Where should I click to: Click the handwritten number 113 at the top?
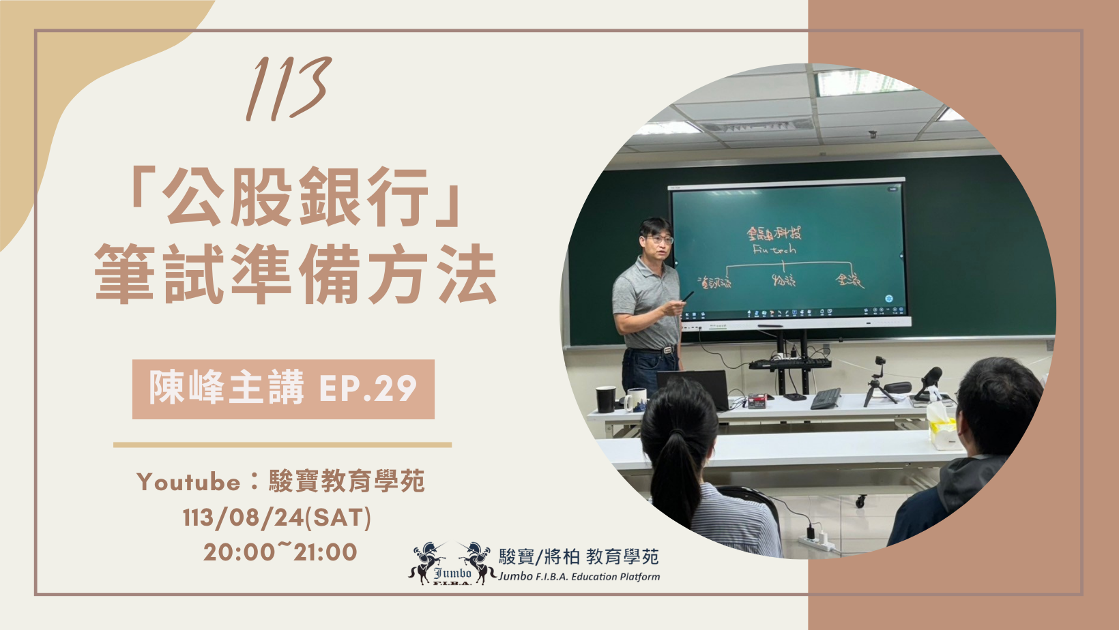point(289,89)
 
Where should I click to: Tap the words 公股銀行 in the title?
point(295,197)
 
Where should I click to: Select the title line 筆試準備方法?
point(295,274)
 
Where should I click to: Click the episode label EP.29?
point(368,389)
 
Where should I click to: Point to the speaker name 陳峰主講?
point(226,389)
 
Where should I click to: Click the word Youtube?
point(188,482)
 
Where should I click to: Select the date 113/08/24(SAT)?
point(277,517)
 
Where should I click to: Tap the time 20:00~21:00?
point(280,552)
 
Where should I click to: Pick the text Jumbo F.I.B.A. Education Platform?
point(579,577)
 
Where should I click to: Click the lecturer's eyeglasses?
point(660,239)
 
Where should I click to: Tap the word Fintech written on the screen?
point(774,250)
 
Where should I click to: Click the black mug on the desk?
point(605,400)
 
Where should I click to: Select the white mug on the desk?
point(635,400)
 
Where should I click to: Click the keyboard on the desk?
point(826,398)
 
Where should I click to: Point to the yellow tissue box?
point(942,426)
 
